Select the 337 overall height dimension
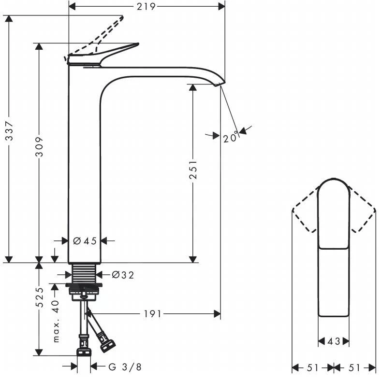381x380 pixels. click(x=9, y=138)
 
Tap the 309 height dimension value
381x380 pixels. click(x=40, y=146)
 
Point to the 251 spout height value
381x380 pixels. click(x=193, y=169)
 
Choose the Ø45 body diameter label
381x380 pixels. click(x=85, y=241)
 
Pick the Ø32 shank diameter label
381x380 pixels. click(x=122, y=275)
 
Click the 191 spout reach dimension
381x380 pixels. click(x=152, y=314)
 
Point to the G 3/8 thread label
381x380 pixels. click(x=125, y=367)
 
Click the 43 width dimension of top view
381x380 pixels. click(x=334, y=342)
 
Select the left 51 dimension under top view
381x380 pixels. click(x=312, y=368)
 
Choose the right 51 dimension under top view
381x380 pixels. click(x=354, y=368)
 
